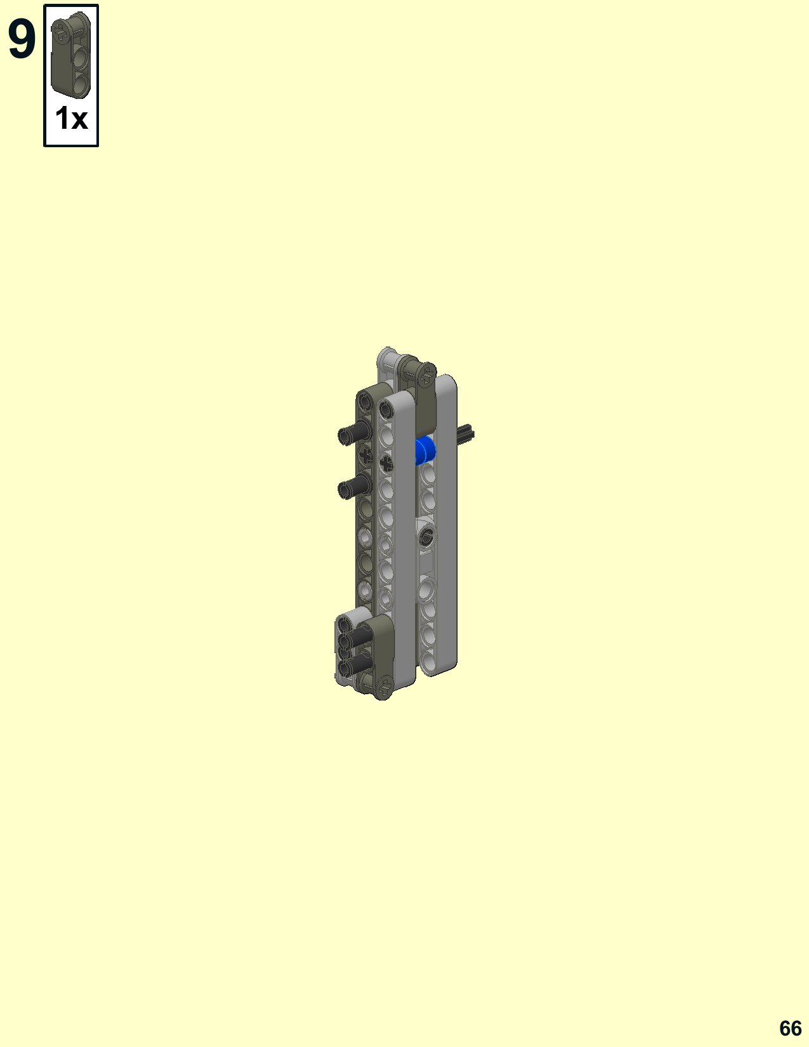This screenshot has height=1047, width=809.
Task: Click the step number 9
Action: click(x=22, y=39)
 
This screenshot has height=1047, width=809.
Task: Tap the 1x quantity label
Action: click(x=71, y=118)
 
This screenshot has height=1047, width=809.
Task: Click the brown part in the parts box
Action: click(x=71, y=55)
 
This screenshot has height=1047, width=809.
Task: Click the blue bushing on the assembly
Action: click(x=426, y=451)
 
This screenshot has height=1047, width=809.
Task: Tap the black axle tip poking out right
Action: click(x=466, y=433)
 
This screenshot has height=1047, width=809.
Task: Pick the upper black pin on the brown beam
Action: click(x=354, y=431)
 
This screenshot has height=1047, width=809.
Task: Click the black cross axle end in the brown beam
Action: click(x=365, y=455)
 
